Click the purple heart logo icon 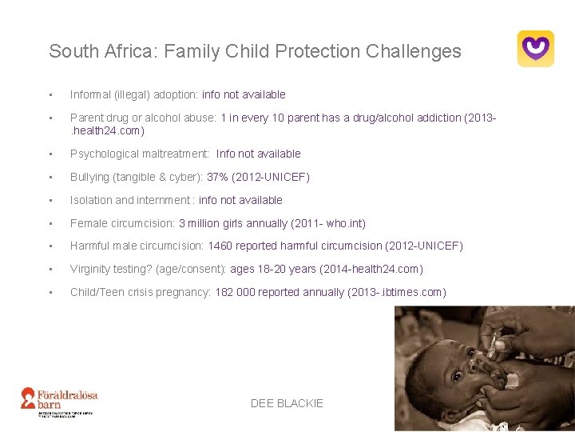click(x=535, y=48)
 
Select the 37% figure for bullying click(x=217, y=177)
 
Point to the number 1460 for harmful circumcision click(x=220, y=246)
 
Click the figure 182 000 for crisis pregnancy click(x=235, y=292)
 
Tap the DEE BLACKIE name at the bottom click(x=287, y=403)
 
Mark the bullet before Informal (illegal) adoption click(x=51, y=95)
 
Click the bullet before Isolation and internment click(x=51, y=200)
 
